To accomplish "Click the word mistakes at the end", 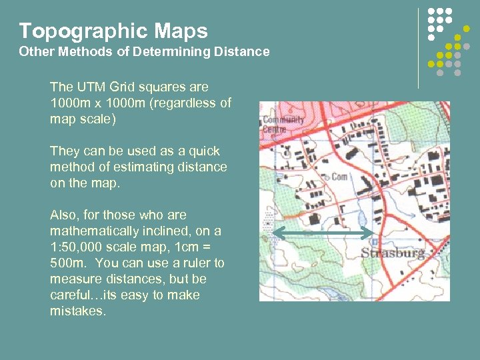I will (77, 311).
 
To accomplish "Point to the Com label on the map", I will (340, 177).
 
